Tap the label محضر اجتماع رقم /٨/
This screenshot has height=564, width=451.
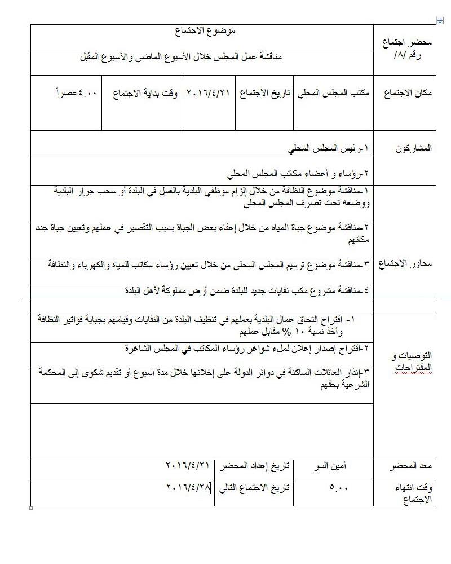[x=405, y=49]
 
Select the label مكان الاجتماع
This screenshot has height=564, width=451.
[x=408, y=94]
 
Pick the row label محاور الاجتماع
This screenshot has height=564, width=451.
[x=407, y=264]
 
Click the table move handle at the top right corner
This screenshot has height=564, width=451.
[x=440, y=21]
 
